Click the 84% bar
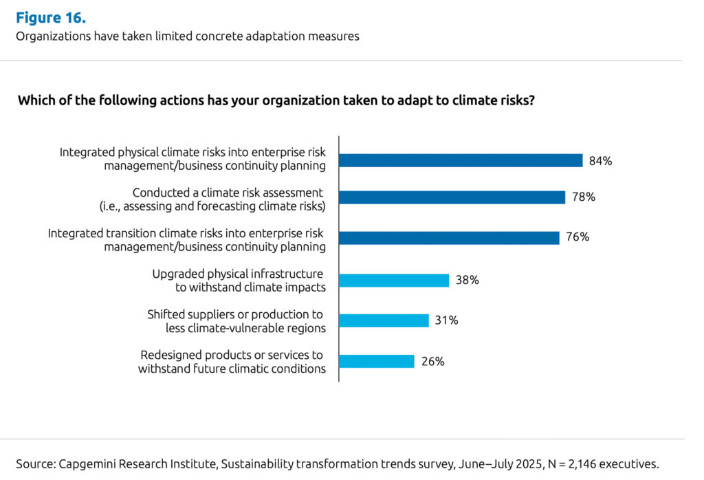tap(461, 161)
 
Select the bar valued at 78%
tap(452, 197)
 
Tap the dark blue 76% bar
tap(449, 238)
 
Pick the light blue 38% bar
tap(394, 280)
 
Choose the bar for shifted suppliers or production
tap(384, 320)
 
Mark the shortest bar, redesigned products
tap(377, 362)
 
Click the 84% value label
tap(600, 161)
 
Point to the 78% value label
tap(583, 197)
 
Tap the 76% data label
tap(577, 237)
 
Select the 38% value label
tap(467, 280)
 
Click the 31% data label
tap(447, 320)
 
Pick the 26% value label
tap(432, 362)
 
